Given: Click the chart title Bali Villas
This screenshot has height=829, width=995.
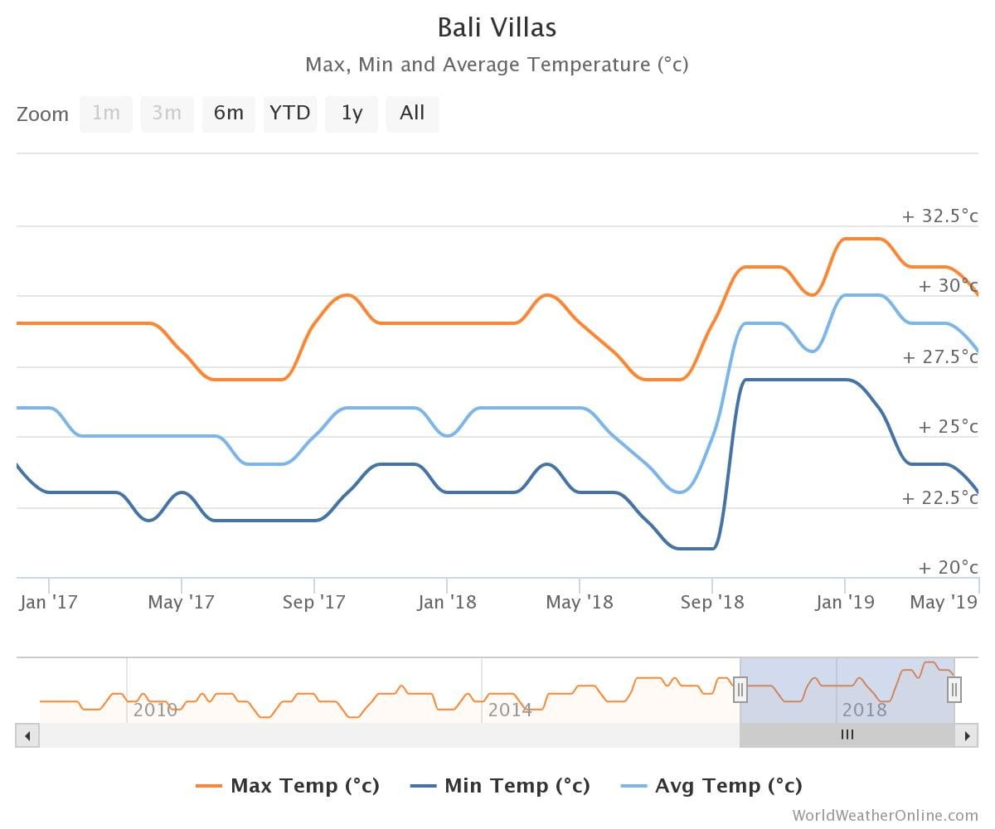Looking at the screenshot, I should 497,28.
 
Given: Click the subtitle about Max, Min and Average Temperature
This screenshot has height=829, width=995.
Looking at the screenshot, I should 497,65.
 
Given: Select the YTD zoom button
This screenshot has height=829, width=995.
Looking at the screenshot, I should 290,114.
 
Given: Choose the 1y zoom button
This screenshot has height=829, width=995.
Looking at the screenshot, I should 352,114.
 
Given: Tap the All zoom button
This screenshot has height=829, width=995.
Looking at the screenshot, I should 412,114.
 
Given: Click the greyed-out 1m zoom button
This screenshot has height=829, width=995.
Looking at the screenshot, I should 106,114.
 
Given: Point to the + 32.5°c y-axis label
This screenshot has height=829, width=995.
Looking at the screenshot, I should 939,216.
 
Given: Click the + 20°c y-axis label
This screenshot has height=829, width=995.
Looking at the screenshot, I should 948,568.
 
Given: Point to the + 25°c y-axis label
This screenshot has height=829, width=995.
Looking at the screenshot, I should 948,427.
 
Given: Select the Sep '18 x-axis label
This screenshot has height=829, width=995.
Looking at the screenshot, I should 712,603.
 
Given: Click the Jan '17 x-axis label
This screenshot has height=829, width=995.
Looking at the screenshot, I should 48,603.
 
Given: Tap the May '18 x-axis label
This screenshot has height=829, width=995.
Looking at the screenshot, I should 579,603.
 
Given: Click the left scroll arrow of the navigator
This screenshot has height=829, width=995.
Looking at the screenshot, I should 27,735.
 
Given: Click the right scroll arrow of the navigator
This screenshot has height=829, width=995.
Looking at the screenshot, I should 966,735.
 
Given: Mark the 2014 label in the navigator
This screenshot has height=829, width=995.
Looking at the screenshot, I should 509,710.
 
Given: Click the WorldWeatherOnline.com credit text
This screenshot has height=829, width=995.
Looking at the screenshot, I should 885,816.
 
